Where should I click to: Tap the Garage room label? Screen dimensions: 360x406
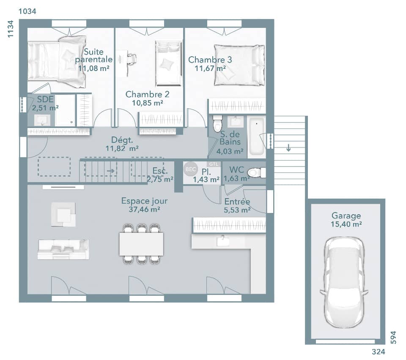[346, 216]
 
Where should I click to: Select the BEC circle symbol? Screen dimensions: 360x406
[190, 169]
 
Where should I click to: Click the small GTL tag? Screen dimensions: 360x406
[212, 164]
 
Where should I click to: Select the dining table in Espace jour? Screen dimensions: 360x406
[141, 244]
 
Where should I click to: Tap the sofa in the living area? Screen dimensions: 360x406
[63, 249]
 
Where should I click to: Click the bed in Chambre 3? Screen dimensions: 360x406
[239, 65]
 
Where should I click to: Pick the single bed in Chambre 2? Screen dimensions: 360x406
[168, 63]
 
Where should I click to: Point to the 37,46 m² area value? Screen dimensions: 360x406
[144, 209]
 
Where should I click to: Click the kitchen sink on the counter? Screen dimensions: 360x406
[222, 241]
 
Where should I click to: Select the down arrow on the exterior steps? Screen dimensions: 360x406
[288, 148]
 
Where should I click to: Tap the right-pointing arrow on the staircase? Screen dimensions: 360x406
[111, 171]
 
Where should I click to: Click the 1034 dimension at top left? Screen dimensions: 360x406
[27, 11]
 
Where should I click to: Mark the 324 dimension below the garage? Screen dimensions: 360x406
[378, 352]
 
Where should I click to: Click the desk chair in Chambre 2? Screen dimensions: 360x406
[132, 58]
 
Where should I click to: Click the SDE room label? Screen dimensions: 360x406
[45, 99]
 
